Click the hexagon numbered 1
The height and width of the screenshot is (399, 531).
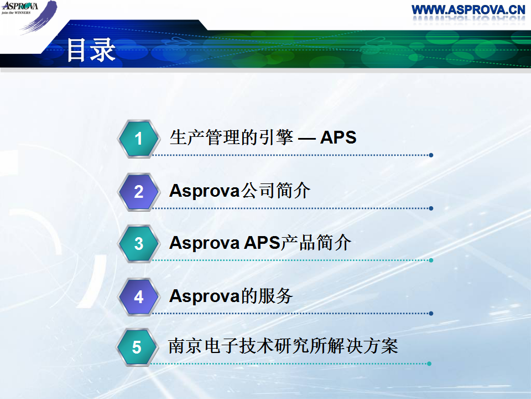tap(139, 139)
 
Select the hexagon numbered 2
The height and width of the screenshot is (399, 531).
tap(139, 192)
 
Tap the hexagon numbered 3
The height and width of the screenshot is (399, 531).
tap(139, 244)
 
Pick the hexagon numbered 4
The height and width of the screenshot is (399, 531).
tap(139, 297)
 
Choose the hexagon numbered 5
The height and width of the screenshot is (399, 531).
tap(137, 347)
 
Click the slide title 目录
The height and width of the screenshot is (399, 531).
tap(91, 50)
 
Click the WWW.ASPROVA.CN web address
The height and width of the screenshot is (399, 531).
tap(468, 9)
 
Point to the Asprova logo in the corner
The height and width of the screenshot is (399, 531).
tap(29, 16)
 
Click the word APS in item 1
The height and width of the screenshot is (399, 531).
tap(339, 137)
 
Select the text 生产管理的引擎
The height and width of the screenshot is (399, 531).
tap(231, 137)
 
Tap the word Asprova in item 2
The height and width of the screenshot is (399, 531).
tap(205, 191)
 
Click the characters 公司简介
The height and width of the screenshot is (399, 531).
tap(275, 190)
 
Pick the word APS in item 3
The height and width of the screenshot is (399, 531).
tap(262, 243)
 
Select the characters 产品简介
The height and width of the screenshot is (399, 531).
tap(316, 243)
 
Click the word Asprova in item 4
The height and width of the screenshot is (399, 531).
tap(205, 296)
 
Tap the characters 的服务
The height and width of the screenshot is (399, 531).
tap(267, 296)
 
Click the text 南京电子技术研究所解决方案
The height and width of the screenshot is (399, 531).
tap(283, 346)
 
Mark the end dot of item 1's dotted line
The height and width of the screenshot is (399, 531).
tap(431, 155)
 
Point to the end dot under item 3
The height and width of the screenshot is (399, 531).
tap(431, 260)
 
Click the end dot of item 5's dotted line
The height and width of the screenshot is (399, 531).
tap(429, 364)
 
